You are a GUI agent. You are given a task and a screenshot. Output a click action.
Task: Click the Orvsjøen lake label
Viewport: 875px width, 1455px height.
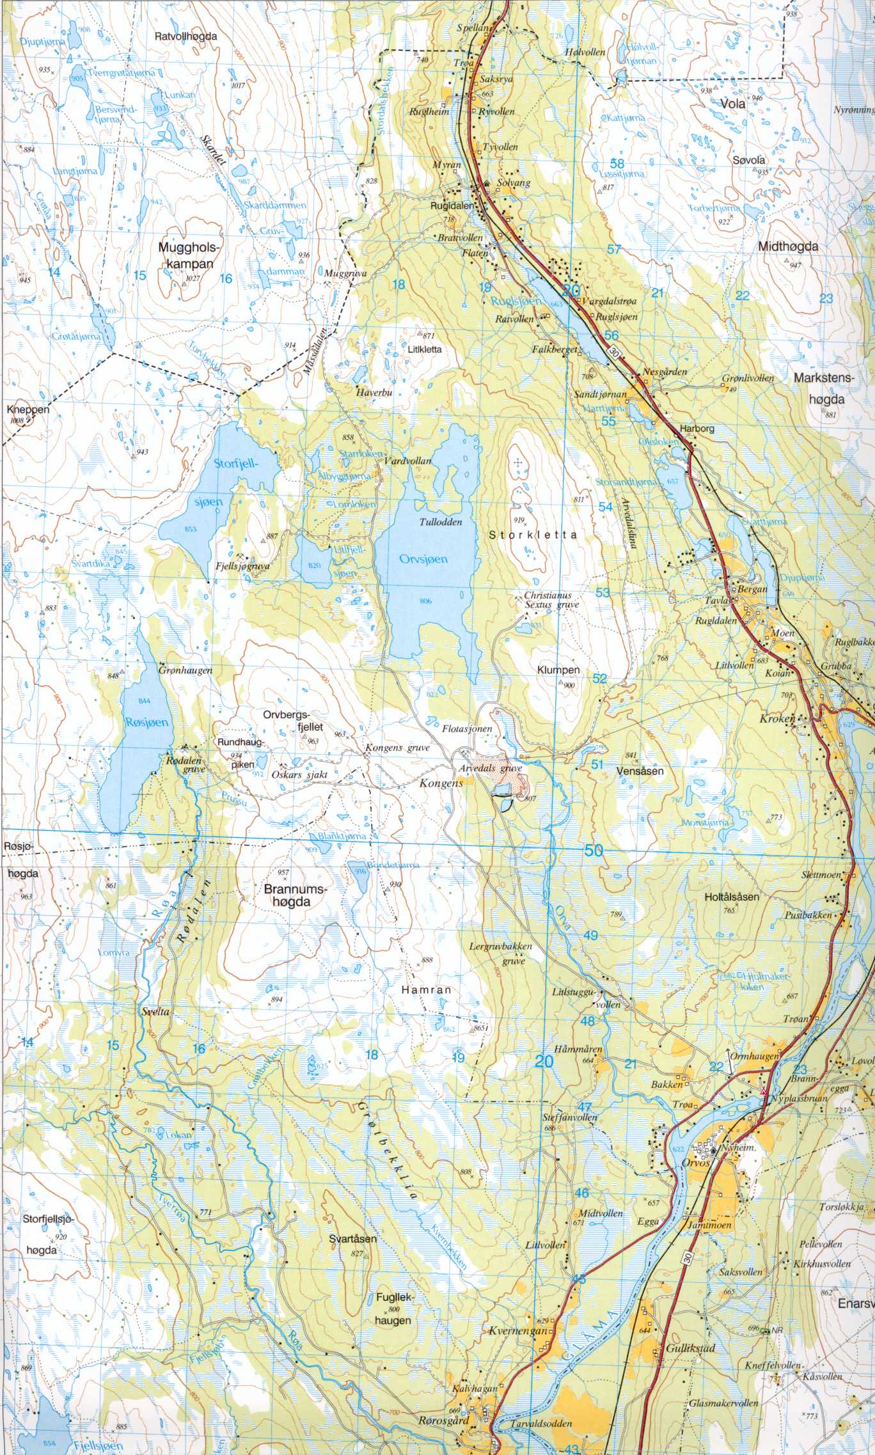coord(423,558)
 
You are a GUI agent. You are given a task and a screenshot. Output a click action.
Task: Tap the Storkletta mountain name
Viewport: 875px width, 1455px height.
coord(533,536)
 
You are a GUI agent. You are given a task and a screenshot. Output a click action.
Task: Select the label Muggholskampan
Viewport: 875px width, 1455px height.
coord(187,255)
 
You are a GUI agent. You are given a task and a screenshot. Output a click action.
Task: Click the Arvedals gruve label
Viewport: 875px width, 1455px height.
coord(491,768)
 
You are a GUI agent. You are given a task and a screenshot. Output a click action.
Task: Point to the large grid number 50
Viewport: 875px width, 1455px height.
coord(594,850)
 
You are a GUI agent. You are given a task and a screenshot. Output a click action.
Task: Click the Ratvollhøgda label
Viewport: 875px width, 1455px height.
coord(185,37)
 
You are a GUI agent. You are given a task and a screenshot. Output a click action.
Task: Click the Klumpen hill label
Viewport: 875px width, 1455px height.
coord(558,670)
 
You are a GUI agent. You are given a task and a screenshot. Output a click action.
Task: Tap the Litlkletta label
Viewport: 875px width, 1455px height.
coord(423,350)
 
